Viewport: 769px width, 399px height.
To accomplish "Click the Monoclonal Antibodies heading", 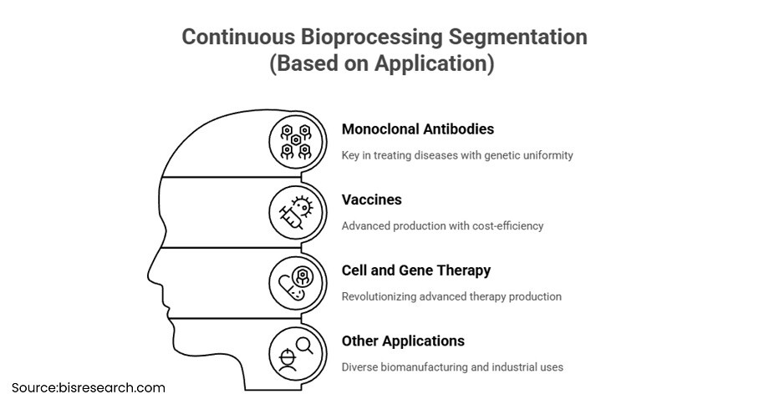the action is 418,129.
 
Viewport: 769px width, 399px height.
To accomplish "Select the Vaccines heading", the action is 372,199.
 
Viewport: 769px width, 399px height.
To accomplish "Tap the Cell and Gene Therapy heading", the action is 416,270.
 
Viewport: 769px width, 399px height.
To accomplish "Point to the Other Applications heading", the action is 403,341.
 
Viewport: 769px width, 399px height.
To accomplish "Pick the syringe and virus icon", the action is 296,213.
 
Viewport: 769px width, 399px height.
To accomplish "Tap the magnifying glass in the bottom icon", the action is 304,346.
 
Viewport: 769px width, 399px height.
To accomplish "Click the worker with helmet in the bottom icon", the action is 288,361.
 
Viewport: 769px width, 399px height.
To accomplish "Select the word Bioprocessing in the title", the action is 371,38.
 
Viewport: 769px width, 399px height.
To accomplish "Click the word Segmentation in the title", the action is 518,38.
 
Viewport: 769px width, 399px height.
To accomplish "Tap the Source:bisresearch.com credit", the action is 89,388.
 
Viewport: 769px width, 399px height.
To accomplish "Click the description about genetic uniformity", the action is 457,156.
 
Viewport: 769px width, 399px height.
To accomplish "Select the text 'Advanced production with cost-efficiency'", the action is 442,226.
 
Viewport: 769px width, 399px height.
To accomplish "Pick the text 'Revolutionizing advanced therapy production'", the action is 451,296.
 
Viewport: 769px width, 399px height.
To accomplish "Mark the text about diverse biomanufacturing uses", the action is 452,367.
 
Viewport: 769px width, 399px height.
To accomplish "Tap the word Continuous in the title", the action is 238,38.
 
